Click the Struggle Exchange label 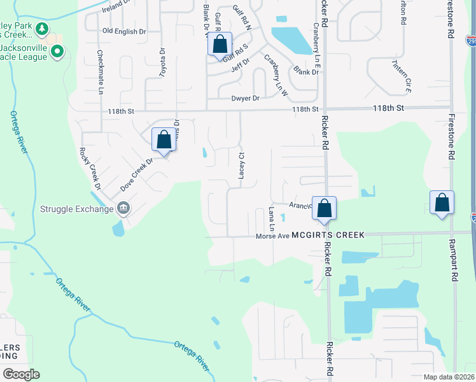click(x=76, y=208)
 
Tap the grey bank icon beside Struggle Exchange click(x=123, y=208)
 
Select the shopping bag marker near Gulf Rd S click(x=220, y=45)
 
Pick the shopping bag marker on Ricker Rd click(x=324, y=208)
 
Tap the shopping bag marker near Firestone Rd click(x=442, y=202)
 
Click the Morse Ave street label click(x=273, y=236)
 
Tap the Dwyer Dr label click(x=246, y=99)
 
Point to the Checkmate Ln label click(x=100, y=73)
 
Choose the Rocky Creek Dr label click(x=90, y=169)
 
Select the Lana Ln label click(x=271, y=219)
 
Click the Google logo click(x=21, y=374)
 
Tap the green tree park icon click(x=42, y=29)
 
